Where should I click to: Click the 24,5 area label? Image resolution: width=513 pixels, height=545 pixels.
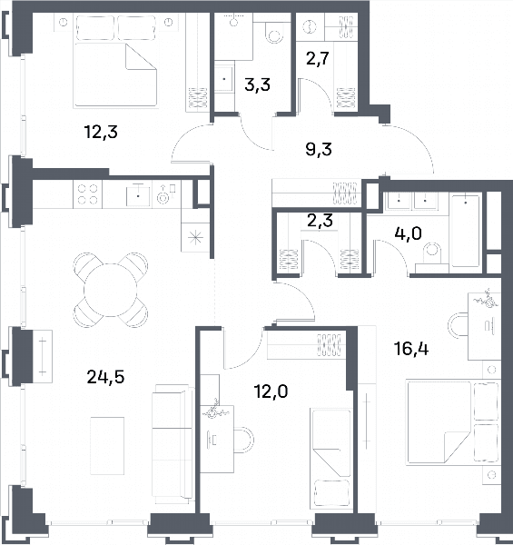[x=105, y=377]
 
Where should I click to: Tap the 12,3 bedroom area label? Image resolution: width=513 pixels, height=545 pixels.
[x=101, y=132]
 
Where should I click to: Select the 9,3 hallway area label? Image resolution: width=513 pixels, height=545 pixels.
[x=319, y=149]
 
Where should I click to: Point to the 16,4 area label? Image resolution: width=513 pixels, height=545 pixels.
[x=411, y=349]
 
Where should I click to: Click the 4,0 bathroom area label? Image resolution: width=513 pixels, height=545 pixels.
[x=408, y=233]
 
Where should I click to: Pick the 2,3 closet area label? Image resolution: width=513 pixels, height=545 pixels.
[x=320, y=221]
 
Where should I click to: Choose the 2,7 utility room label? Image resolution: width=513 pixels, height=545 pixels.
[x=318, y=58]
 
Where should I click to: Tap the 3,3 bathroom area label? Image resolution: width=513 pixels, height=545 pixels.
[x=257, y=84]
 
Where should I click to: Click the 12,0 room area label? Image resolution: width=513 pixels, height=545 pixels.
[x=271, y=391]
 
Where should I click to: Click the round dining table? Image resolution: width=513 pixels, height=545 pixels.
[x=111, y=290]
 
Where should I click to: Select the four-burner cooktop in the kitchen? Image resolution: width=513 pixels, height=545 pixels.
[x=87, y=194]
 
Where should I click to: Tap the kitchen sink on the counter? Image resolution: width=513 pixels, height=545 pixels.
[x=138, y=196]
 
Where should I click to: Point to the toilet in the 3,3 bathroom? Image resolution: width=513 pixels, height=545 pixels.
[x=273, y=33]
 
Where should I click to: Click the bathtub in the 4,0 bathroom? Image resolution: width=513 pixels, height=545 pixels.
[x=466, y=232]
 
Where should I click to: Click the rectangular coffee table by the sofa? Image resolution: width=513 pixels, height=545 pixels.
[x=107, y=446]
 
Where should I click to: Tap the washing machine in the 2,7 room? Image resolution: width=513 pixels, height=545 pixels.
[x=310, y=26]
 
